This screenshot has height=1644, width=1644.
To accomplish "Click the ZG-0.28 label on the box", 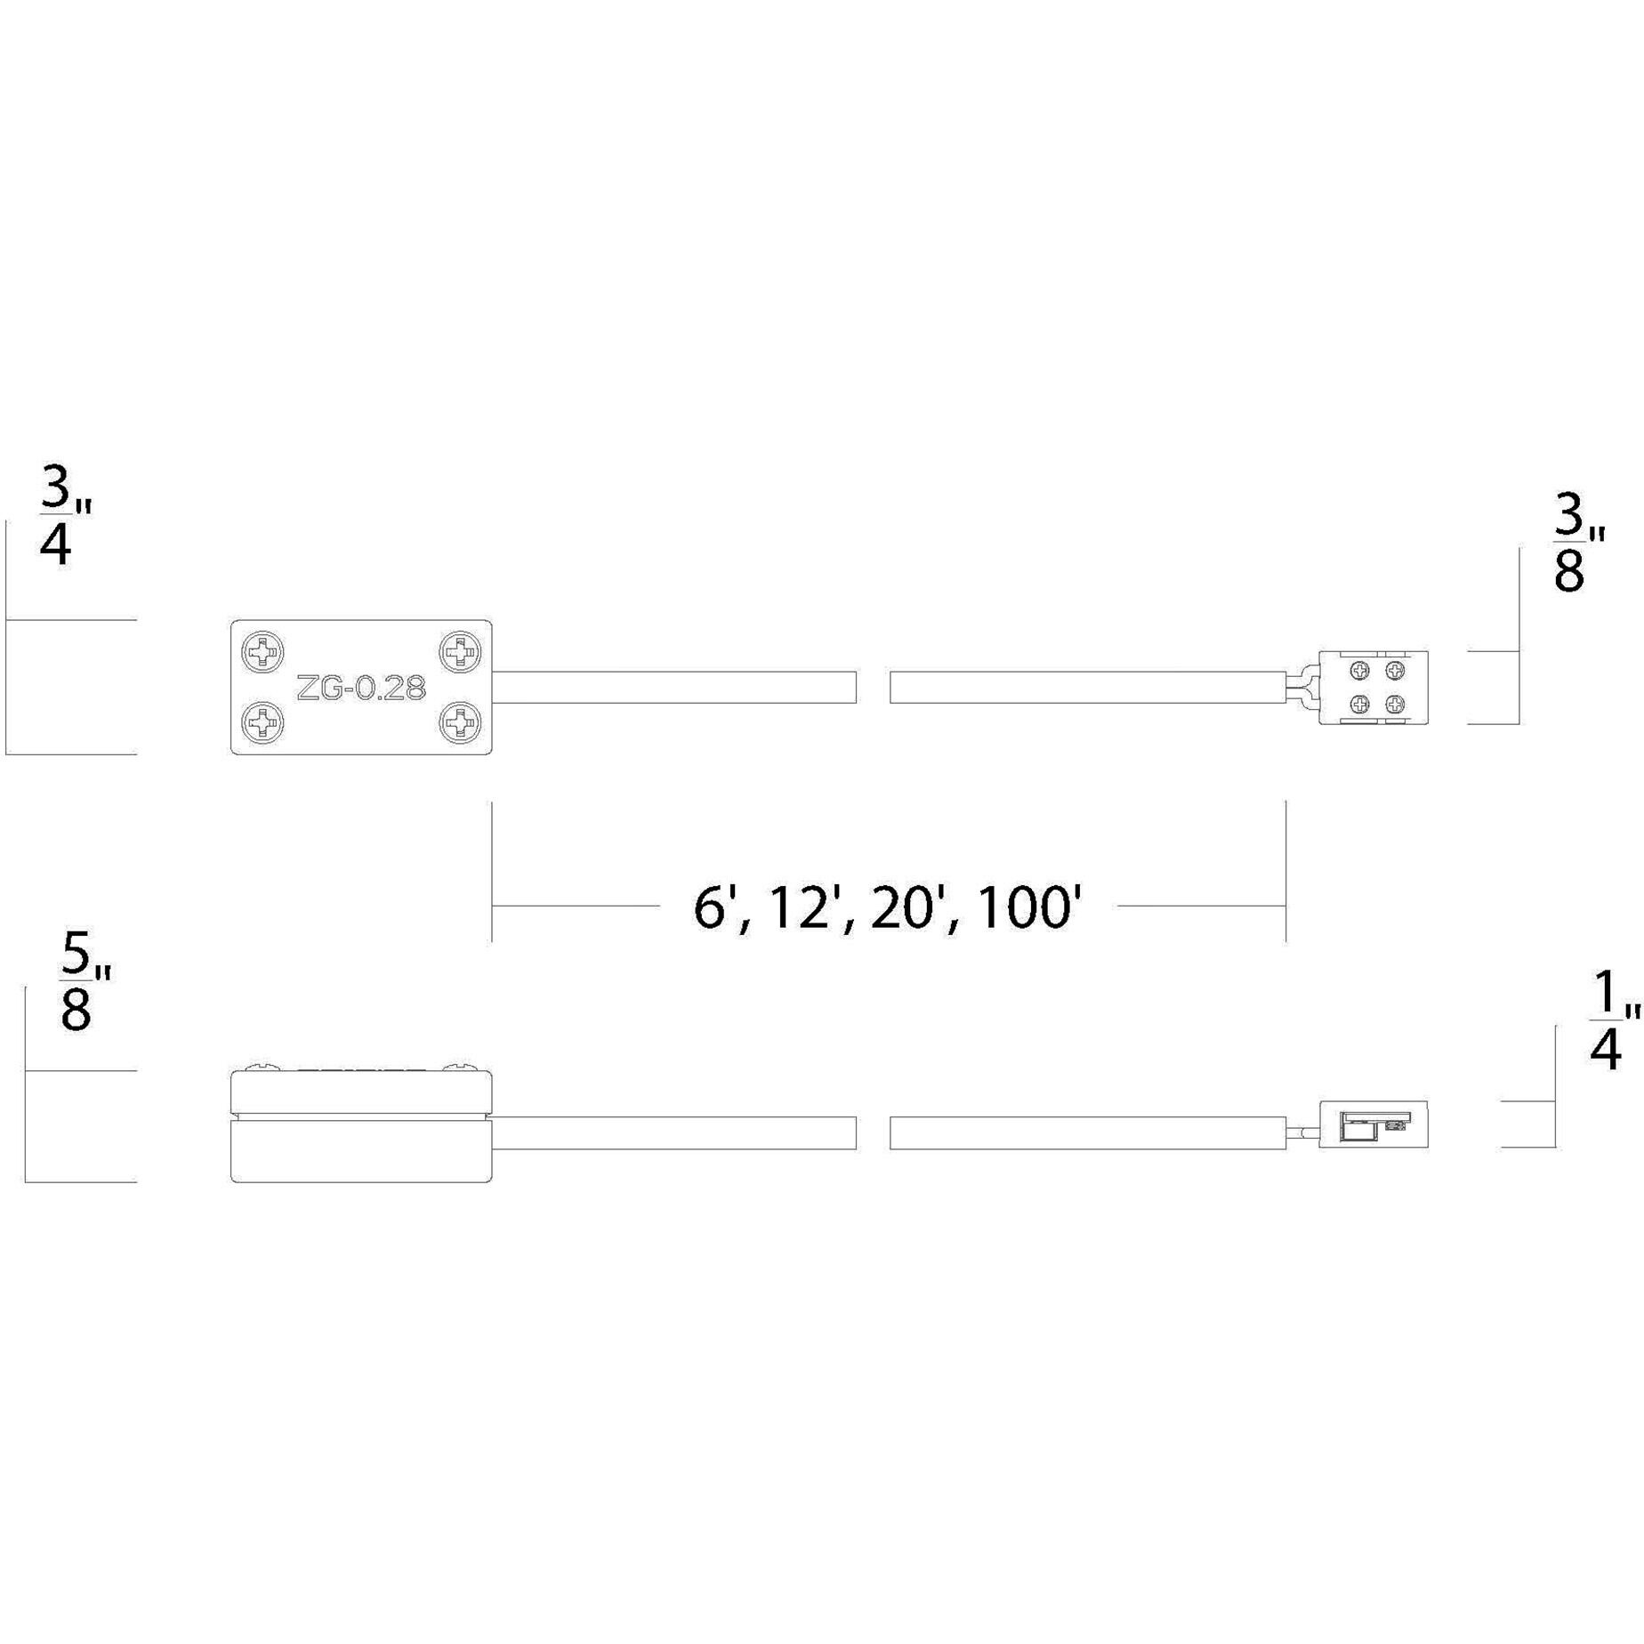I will (360, 688).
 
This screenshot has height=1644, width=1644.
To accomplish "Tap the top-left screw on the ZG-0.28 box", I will (263, 653).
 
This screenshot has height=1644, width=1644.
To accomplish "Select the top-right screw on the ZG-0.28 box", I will (460, 652).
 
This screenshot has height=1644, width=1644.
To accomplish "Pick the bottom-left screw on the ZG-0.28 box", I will (263, 721).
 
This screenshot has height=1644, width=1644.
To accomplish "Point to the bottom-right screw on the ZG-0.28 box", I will (460, 721).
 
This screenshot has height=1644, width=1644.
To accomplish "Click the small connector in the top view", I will (1373, 688).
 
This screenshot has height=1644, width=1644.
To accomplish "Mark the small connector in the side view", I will (1373, 1124).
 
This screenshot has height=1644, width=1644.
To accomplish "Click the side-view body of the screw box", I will (360, 1126).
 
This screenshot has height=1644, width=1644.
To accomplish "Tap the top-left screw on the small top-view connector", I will (1359, 671).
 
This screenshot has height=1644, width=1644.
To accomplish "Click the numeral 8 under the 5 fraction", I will (77, 1010).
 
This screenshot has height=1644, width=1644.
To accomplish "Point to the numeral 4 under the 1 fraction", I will (1604, 1050).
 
